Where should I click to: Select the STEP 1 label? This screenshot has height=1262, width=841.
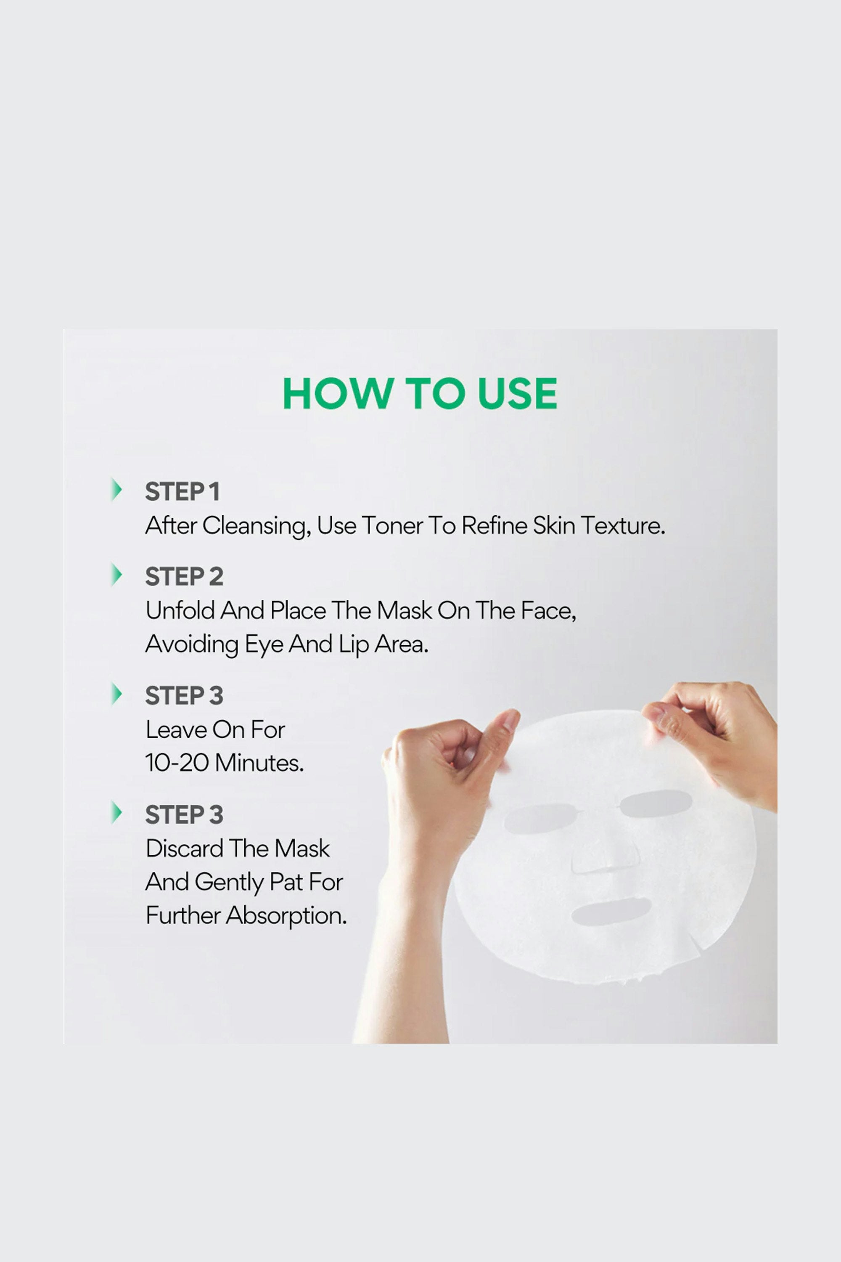(x=182, y=491)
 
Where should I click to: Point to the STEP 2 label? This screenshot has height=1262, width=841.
(x=184, y=577)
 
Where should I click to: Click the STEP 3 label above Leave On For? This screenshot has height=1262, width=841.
(x=184, y=695)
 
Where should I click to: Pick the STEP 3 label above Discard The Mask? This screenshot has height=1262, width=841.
(x=184, y=814)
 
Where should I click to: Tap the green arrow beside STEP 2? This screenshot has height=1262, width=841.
(x=116, y=575)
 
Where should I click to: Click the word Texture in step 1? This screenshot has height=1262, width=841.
(x=623, y=526)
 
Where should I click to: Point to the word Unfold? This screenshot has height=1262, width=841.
(x=180, y=611)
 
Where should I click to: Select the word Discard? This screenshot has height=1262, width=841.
(x=185, y=848)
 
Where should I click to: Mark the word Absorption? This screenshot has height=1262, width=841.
(x=286, y=915)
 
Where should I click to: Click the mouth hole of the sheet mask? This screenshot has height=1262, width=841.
(x=611, y=911)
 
